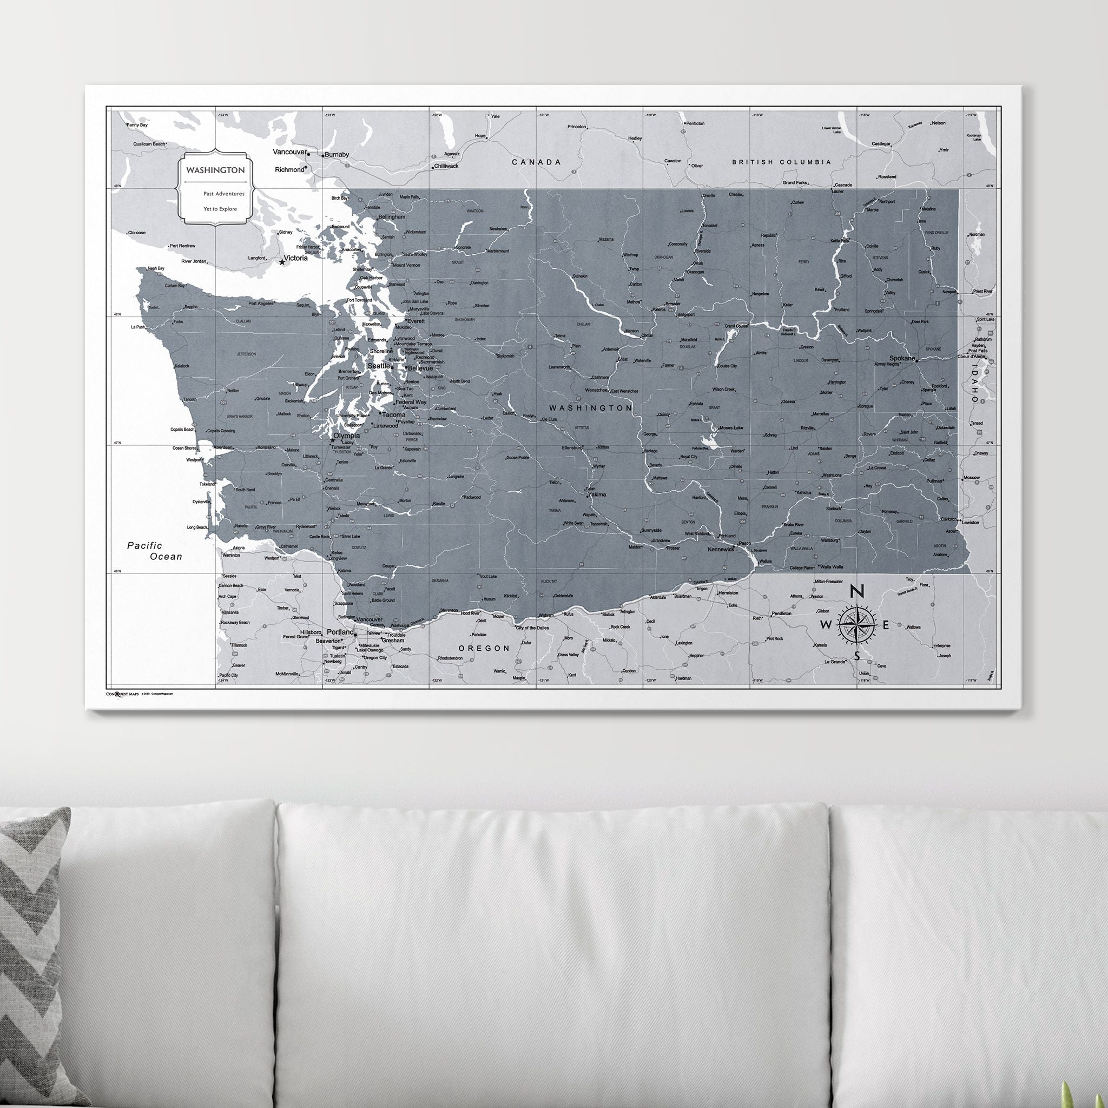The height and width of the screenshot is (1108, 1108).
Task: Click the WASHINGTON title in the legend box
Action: tap(215, 170)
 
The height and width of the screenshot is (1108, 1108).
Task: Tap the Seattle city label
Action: tap(379, 366)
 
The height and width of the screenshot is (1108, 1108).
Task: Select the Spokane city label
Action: tap(902, 359)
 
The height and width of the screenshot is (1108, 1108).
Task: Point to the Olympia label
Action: tap(346, 436)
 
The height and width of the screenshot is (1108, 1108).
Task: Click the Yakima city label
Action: tap(597, 494)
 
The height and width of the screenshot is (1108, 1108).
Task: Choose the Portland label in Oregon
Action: tap(340, 632)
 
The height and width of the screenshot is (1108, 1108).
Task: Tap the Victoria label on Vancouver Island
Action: tap(296, 258)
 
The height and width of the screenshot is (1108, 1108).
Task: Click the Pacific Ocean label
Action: tap(154, 551)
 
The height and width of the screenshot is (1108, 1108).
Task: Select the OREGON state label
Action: tap(484, 648)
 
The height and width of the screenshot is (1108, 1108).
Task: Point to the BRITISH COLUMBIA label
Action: tap(781, 162)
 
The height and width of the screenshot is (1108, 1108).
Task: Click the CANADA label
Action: tap(536, 162)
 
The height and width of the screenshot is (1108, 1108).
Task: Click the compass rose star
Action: tap(857, 624)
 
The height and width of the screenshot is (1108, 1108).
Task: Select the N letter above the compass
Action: tap(857, 591)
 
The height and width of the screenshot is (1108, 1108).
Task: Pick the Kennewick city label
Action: tap(721, 549)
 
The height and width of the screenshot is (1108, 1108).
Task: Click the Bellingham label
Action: tap(392, 217)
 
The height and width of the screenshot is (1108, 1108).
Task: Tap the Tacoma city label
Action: tap(394, 414)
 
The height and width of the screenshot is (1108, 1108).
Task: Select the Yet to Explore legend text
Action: tap(220, 209)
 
